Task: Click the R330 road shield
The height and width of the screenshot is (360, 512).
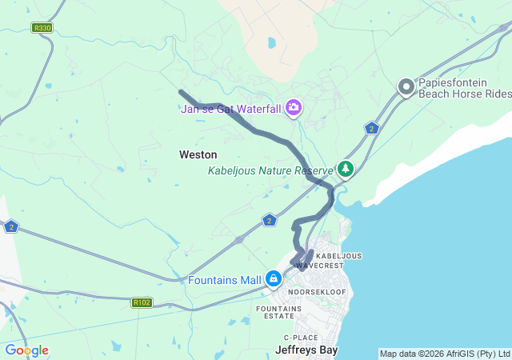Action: click(42, 27)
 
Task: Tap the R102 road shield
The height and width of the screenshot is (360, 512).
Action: click(142, 302)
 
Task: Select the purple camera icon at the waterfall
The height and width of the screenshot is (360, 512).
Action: click(294, 107)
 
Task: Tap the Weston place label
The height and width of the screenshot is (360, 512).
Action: click(198, 154)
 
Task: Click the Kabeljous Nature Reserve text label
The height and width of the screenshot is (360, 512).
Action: click(270, 170)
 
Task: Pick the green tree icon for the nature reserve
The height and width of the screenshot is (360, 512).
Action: click(345, 169)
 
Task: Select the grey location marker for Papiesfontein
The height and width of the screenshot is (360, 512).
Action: click(406, 87)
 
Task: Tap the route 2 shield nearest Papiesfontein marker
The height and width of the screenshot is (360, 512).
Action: click(371, 127)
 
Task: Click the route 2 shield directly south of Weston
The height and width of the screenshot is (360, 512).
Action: click(270, 220)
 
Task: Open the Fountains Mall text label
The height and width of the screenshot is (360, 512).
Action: click(225, 280)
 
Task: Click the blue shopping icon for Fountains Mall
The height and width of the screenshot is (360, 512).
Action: click(274, 278)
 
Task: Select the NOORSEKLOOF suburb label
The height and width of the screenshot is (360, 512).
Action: click(316, 292)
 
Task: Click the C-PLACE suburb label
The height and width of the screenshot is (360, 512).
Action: click(300, 338)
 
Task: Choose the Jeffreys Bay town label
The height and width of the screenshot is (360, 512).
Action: click(306, 350)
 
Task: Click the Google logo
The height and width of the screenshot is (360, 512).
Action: click(26, 350)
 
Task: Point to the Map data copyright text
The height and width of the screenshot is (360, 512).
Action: click(444, 354)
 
